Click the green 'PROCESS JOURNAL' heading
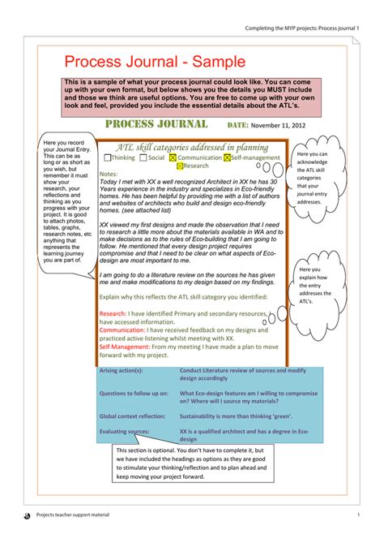[157, 124]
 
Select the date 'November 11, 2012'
[279, 126]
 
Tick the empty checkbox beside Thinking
[108, 158]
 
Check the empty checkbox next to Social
[143, 158]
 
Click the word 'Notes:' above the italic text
[108, 174]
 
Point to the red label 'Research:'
[113, 312]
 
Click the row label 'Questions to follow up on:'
[132, 393]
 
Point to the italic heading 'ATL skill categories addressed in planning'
[192, 147]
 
